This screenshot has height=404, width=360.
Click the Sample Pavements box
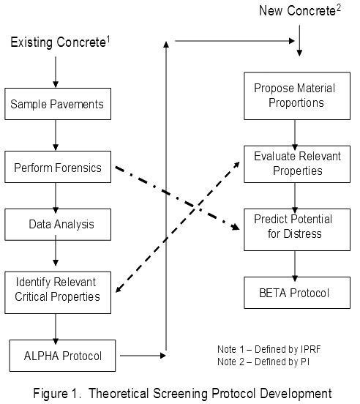(x=58, y=104)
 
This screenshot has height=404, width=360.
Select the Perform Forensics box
(x=58, y=167)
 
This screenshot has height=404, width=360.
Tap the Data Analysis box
(x=58, y=225)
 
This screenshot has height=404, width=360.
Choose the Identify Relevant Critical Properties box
(x=58, y=293)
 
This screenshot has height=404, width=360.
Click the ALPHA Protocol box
(x=62, y=356)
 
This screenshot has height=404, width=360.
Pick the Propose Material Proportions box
(x=297, y=96)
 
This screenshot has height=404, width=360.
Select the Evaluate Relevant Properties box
(x=297, y=164)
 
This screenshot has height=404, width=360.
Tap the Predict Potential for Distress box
(x=297, y=230)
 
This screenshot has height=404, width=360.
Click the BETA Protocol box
(x=297, y=293)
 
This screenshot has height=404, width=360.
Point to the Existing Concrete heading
(x=60, y=42)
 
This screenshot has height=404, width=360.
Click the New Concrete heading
(x=300, y=10)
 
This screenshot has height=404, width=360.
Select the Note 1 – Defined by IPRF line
(x=269, y=350)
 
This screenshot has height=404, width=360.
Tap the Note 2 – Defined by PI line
(x=263, y=362)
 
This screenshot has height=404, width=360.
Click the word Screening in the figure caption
(x=181, y=394)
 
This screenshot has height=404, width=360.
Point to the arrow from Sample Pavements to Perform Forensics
(x=56, y=135)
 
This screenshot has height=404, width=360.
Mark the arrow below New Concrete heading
(x=299, y=40)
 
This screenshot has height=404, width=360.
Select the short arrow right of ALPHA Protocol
(x=143, y=356)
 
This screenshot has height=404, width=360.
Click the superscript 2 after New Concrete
(x=338, y=8)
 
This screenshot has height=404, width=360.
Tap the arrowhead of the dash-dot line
(x=236, y=227)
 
